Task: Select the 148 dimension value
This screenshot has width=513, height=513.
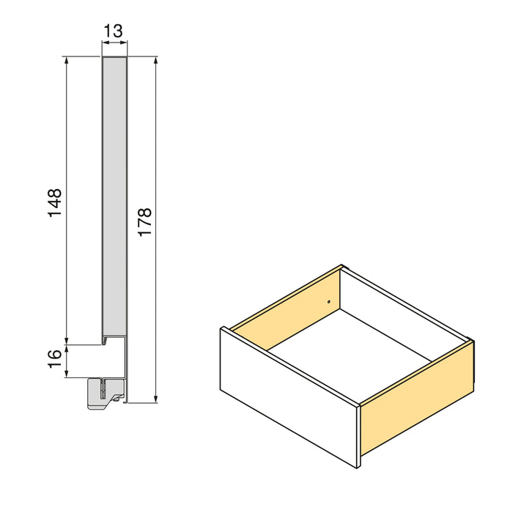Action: click(x=54, y=203)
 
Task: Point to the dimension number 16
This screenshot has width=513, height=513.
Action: click(x=54, y=359)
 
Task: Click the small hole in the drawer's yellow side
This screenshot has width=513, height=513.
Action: click(x=329, y=300)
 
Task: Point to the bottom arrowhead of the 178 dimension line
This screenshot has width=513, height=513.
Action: click(x=156, y=399)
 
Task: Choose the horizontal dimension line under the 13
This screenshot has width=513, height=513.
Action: click(x=114, y=44)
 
